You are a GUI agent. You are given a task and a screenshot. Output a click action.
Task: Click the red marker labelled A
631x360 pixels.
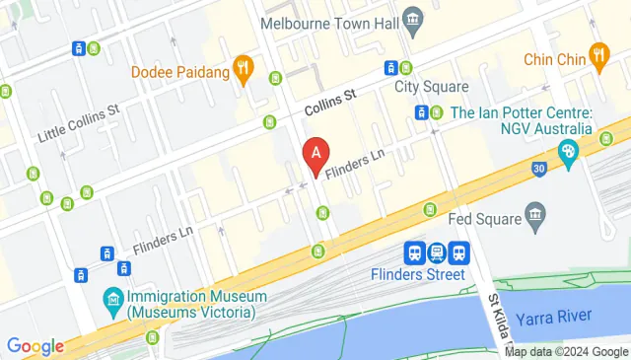click(315, 155)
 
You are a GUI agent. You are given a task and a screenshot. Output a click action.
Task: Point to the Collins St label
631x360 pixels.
click(329, 101)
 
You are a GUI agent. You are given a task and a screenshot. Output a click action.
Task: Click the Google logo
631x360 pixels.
click(35, 346)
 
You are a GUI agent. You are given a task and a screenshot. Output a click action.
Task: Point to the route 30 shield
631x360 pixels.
click(538, 169)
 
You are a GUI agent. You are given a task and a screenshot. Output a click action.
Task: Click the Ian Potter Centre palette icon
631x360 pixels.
click(568, 151)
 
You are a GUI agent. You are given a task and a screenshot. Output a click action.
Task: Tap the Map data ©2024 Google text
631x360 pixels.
click(566, 352)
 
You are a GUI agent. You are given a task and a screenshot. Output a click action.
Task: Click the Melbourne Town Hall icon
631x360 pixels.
click(414, 20)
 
